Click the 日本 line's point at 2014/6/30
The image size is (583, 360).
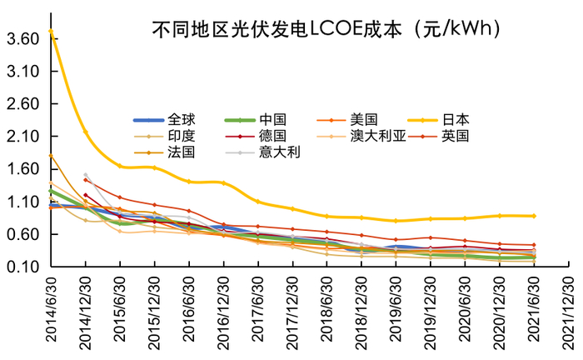pos(51,32)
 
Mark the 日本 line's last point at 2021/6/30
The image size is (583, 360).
pos(534,216)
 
